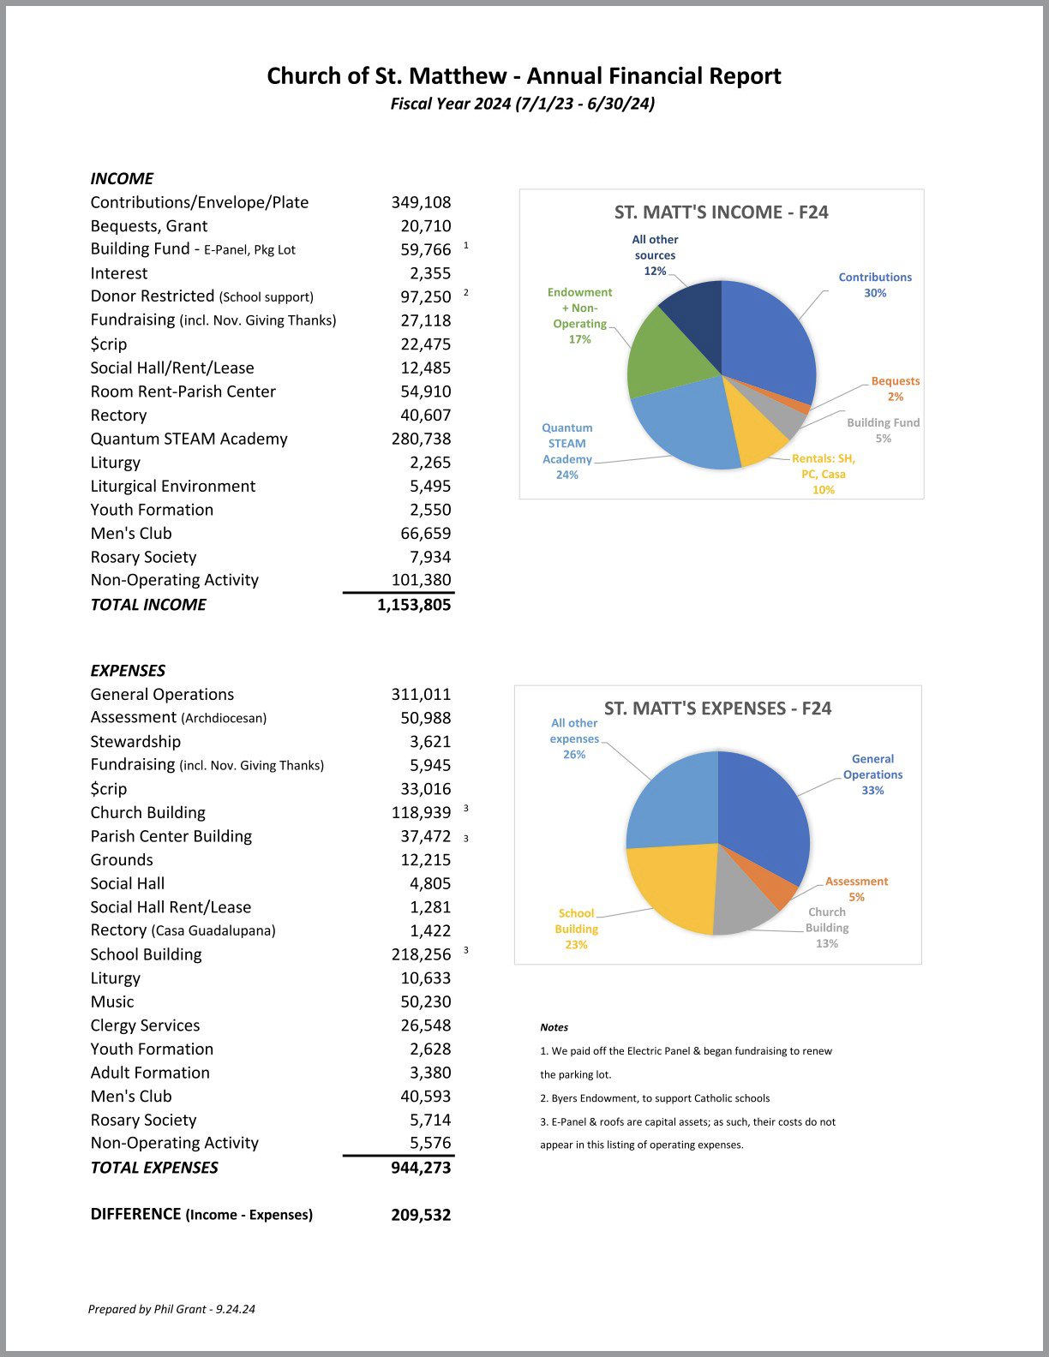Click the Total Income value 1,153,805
coord(413,605)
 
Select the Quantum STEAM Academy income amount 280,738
coord(421,439)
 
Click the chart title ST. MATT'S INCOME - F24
coord(721,212)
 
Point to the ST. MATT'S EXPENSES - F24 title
coord(717,708)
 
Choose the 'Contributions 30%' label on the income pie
coord(874,285)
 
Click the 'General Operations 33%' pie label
coord(872,774)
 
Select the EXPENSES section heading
coord(128,671)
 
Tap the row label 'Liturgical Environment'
coord(173,486)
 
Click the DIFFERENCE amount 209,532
coord(421,1215)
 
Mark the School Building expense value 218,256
coord(421,954)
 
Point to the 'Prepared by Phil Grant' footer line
coord(171,1309)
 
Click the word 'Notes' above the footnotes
coord(554,1027)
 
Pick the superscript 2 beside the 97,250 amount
coord(466,292)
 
